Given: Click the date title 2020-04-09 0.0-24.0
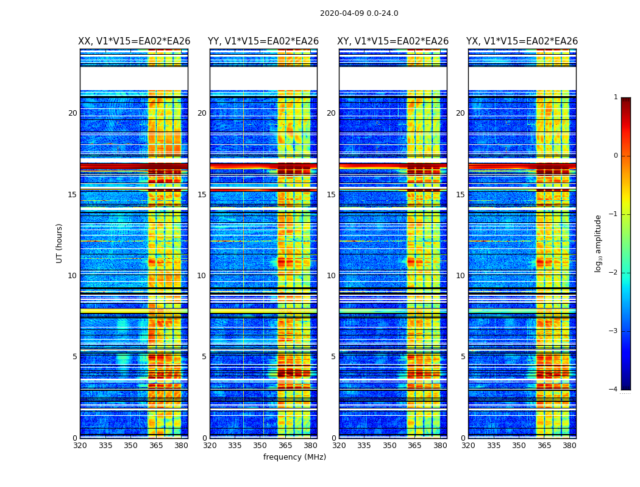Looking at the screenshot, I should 359,13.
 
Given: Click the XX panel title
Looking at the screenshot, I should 134,41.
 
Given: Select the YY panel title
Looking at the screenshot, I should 263,41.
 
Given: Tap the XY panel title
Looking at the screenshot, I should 393,41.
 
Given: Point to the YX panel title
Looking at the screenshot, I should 522,41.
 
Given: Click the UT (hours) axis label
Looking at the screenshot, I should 60,243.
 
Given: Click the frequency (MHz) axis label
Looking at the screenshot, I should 294,457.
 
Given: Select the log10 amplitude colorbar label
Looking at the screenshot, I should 599,243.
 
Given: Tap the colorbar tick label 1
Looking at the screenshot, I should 616,97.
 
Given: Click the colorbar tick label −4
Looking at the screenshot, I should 614,390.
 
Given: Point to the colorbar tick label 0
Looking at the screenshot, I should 616,156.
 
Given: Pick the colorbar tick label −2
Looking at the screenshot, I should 614,273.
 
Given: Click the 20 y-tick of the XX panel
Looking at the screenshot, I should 73,113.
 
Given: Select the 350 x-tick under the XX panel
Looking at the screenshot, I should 130,446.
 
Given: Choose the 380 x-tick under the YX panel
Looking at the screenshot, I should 569,446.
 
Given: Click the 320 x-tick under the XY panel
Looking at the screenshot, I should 339,446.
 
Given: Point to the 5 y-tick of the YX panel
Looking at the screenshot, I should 463,357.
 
